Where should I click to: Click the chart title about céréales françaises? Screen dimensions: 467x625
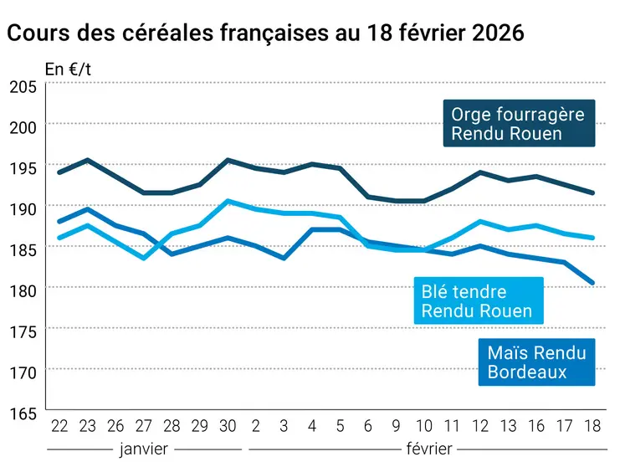(x=265, y=33)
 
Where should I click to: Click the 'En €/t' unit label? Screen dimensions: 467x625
(x=68, y=69)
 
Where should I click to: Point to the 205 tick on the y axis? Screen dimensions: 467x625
(x=23, y=86)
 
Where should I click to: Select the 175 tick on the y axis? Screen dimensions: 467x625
(x=23, y=331)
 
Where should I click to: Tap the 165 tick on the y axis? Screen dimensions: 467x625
(x=23, y=413)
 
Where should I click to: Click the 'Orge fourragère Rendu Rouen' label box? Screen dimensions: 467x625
(x=518, y=123)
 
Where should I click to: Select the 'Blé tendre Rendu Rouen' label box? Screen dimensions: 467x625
(x=477, y=301)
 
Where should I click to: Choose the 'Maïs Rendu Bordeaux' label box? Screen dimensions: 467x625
(x=536, y=362)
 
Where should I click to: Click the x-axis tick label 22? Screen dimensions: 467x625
(x=59, y=426)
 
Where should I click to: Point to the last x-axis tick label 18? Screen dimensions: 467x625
(x=593, y=426)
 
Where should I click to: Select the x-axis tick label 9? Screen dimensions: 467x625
(x=397, y=426)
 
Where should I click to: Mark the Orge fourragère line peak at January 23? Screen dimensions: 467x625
(x=88, y=160)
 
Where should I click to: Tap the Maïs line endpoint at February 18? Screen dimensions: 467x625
(x=593, y=283)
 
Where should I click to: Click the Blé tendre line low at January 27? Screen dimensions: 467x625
(x=144, y=258)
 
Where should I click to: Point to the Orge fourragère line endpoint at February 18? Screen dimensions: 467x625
(x=593, y=192)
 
